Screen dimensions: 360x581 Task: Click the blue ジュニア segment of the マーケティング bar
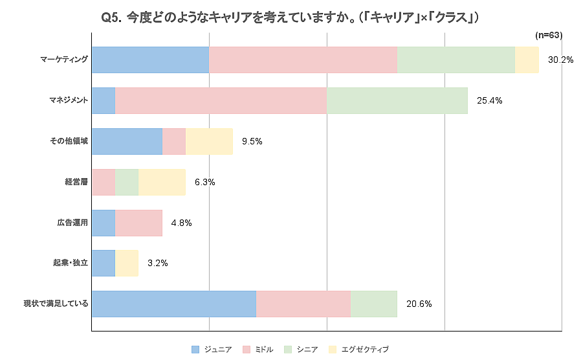pos(150,60)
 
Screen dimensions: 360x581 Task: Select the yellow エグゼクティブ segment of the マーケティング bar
pos(527,60)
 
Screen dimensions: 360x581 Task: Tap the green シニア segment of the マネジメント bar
pos(397,100)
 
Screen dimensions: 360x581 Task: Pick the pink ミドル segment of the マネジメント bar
pos(221,100)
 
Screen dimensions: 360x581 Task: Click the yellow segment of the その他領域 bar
pos(209,141)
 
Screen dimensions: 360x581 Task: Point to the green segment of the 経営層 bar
pos(127,182)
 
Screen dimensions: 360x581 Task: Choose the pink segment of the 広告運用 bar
pos(138,223)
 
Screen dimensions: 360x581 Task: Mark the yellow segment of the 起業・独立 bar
pos(127,264)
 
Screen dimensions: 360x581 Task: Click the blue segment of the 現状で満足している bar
pos(174,304)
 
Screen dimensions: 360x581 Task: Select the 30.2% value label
pos(560,60)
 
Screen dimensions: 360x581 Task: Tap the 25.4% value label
pos(490,100)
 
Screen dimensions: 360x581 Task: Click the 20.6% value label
pos(419,304)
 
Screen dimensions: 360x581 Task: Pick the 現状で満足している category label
pos(56,304)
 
